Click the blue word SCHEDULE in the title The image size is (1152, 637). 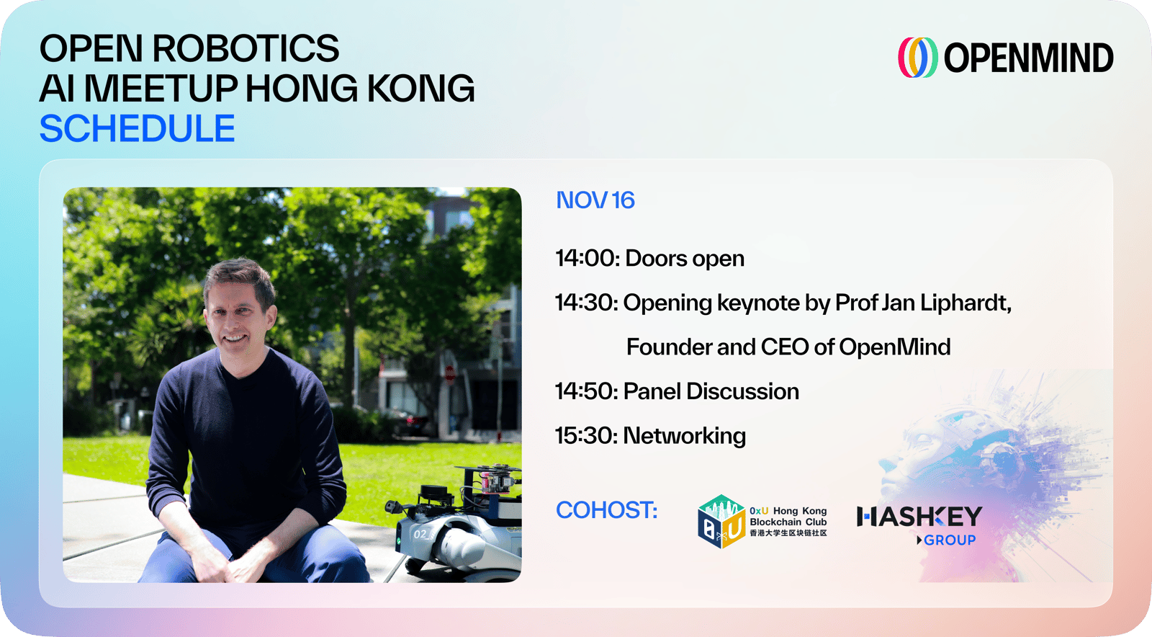138,128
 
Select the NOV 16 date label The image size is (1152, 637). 595,200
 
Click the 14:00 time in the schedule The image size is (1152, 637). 588,258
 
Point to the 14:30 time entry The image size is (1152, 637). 586,303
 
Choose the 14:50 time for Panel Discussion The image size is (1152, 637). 586,391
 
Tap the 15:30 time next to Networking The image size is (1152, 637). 586,435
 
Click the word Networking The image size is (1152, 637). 685,437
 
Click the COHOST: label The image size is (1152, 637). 607,510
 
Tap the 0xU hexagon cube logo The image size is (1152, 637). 721,521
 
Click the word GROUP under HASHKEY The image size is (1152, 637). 950,540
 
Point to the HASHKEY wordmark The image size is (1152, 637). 919,517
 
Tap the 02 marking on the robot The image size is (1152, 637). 420,534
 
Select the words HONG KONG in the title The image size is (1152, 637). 360,88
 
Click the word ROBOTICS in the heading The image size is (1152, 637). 246,49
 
